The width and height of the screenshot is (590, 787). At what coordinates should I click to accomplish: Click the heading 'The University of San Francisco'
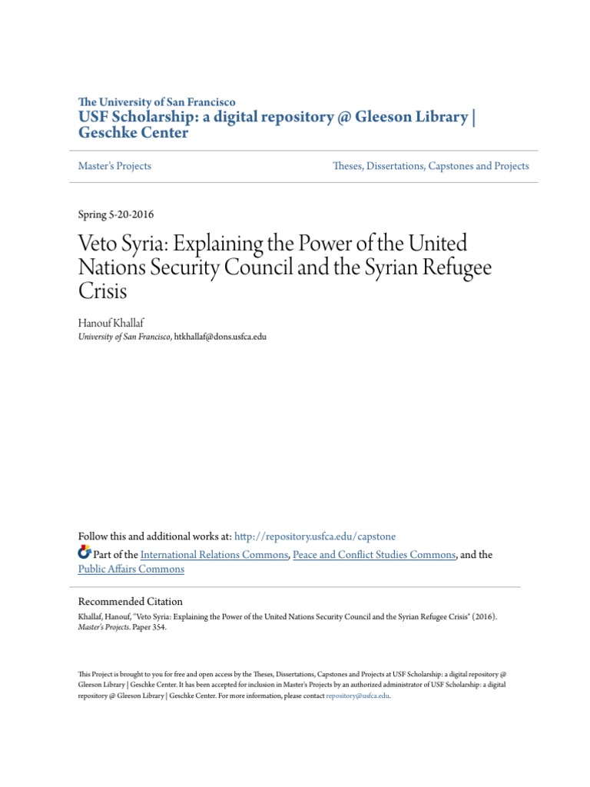(x=157, y=101)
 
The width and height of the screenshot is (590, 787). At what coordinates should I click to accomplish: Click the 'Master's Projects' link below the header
(x=114, y=166)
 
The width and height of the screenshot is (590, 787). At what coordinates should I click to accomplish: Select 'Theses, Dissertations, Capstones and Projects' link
(x=430, y=166)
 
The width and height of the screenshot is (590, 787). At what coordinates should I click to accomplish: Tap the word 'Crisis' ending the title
(x=102, y=293)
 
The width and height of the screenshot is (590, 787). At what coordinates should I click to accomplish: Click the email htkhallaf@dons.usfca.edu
(x=220, y=337)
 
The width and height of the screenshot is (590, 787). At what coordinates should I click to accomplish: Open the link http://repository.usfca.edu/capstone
(x=315, y=536)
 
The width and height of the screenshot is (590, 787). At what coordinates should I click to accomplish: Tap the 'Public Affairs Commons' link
(x=131, y=569)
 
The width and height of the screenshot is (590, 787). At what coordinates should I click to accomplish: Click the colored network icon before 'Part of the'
(x=85, y=553)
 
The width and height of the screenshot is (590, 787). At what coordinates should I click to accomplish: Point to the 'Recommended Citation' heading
(x=131, y=602)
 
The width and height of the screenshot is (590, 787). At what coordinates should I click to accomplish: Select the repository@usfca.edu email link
(x=358, y=696)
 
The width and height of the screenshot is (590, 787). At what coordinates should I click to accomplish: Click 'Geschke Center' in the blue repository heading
(x=133, y=132)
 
